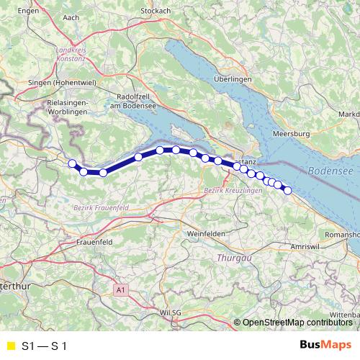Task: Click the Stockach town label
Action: (156, 12)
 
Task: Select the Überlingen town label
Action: (232, 79)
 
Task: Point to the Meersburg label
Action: (292, 134)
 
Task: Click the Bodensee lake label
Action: (330, 171)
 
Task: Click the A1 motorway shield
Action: (120, 289)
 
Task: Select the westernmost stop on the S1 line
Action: (72, 163)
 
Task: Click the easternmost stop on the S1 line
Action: (287, 190)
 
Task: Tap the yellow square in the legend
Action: (10, 346)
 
